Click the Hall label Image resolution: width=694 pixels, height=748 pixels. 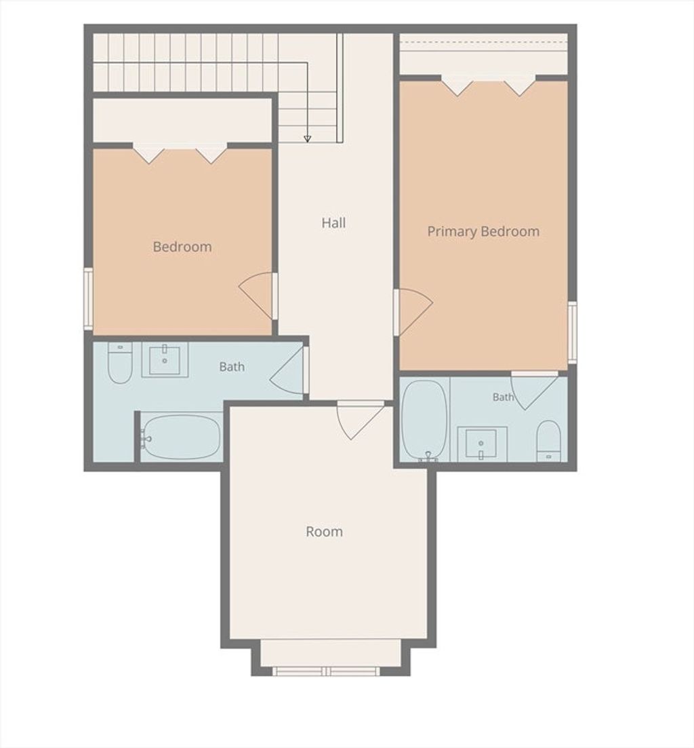333,223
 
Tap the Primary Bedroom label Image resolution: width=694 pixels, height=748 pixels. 483,232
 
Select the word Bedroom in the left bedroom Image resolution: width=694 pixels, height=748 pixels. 182,247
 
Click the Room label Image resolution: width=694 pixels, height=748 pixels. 324,532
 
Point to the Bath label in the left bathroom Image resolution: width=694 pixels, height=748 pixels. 232,367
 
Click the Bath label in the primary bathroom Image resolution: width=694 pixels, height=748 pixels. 503,397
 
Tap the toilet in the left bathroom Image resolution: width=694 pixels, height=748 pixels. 120,363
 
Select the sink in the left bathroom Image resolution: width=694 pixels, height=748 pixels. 165,359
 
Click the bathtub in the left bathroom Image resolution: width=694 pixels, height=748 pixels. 181,437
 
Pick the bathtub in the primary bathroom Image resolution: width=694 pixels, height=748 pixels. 425,420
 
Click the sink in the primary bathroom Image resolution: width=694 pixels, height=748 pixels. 482,444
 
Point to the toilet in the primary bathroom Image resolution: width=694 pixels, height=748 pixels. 548,441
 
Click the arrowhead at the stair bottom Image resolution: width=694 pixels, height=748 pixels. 308,139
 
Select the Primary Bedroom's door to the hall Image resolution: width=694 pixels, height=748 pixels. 413,312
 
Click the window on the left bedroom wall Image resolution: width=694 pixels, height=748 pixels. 88,298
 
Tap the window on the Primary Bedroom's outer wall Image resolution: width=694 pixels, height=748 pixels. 573,332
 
